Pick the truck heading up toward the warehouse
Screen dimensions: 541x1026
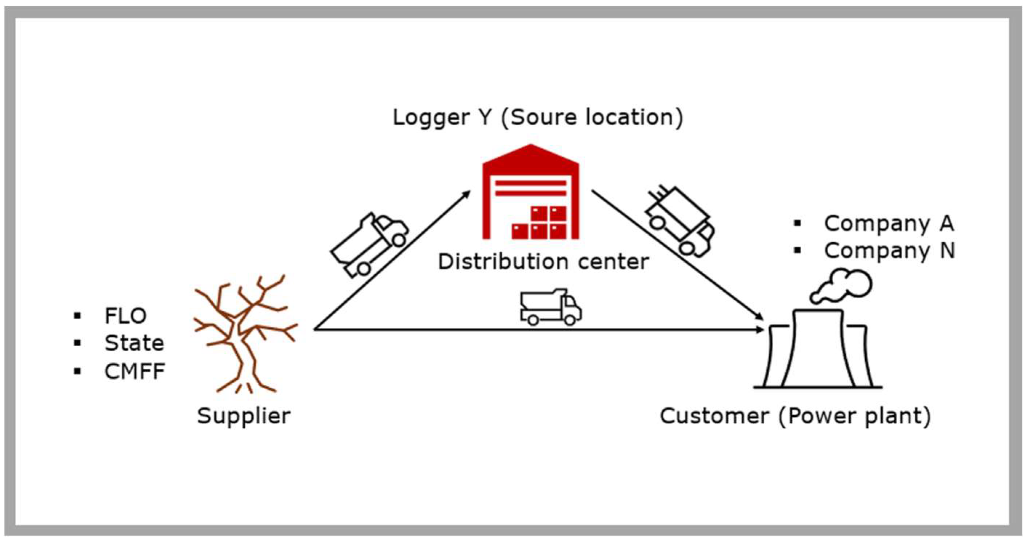tap(369, 244)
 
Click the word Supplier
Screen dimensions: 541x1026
tap(244, 416)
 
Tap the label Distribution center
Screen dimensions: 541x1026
tap(543, 262)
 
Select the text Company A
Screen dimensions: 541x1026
tap(889, 223)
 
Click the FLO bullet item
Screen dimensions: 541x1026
tap(125, 316)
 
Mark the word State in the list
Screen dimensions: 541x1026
tap(134, 343)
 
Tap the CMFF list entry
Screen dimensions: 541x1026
tap(135, 371)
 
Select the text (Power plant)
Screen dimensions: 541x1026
tap(855, 416)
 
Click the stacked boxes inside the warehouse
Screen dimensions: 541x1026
tap(539, 223)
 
